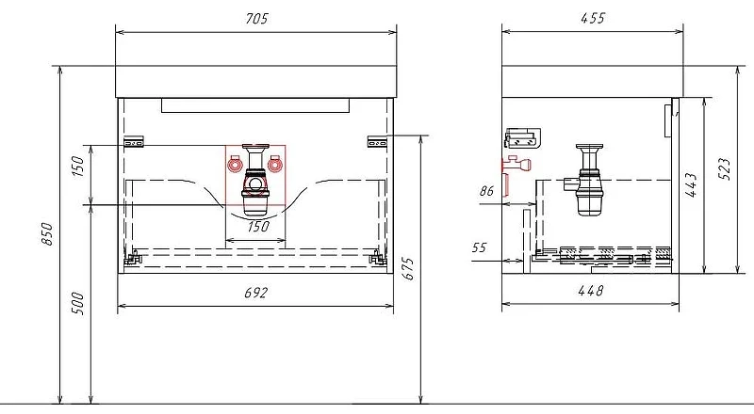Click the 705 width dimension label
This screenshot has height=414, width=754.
[x=256, y=19]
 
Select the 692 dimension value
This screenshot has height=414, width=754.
[x=255, y=293]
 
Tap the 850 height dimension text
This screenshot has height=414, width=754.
[x=46, y=234]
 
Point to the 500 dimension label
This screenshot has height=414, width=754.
[x=77, y=304]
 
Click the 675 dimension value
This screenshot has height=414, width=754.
[x=407, y=268]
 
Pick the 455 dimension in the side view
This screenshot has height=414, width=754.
[x=593, y=18]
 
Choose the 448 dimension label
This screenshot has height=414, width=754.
[x=590, y=291]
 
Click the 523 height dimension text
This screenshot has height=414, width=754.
[x=724, y=169]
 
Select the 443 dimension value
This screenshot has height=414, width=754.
[x=691, y=185]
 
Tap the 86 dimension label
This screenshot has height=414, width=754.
[x=486, y=191]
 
